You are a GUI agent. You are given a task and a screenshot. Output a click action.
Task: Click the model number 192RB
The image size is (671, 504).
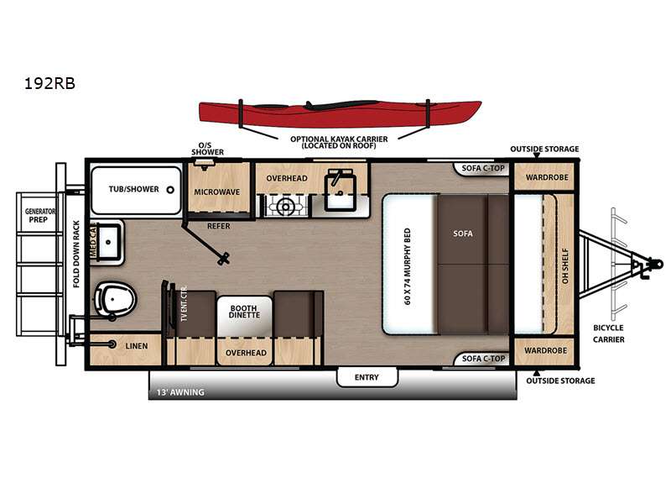[49, 83]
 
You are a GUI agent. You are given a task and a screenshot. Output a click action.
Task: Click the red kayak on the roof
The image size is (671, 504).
[341, 113]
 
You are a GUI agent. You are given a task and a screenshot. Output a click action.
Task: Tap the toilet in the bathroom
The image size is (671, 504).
[114, 298]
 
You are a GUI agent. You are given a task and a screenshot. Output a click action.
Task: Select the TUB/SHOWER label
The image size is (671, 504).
[133, 189]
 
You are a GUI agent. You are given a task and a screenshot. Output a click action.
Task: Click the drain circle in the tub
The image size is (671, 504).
[170, 190]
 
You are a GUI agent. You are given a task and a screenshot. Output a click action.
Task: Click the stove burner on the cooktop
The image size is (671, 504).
[285, 207]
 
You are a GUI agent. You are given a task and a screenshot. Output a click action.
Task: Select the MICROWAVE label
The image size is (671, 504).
[217, 192]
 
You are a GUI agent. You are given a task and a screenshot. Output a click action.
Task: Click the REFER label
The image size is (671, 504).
[219, 226]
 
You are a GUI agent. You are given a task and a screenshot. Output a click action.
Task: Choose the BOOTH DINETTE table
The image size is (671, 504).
[244, 317]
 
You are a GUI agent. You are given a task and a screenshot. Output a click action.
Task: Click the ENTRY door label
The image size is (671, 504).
[367, 377]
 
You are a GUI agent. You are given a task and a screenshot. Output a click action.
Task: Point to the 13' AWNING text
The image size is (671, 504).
[180, 392]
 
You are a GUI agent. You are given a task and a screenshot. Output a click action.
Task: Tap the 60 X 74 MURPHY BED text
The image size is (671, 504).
[407, 265]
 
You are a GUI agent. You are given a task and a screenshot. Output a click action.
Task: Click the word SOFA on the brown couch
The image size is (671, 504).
[463, 234]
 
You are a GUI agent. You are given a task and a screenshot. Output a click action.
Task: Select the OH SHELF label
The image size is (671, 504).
[565, 265]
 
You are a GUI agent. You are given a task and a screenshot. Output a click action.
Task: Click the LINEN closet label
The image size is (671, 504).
[137, 346]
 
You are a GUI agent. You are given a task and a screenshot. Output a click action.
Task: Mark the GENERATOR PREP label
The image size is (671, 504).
[39, 215]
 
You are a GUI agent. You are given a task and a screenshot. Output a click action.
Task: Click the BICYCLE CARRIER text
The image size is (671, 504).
[609, 333]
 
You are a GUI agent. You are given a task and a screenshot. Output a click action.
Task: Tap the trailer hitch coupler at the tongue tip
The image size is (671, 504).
[655, 263]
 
